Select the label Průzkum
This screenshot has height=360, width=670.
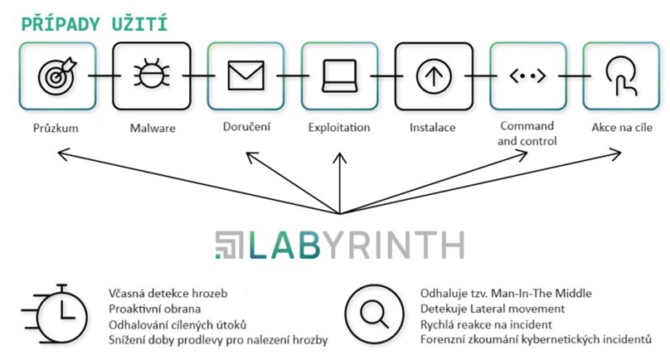coord(56,128)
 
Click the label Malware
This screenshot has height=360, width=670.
coord(150,128)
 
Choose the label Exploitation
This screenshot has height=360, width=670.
coord(338,128)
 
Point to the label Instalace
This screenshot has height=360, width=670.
coord(432,128)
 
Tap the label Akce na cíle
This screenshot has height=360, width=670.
coord(620,128)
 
